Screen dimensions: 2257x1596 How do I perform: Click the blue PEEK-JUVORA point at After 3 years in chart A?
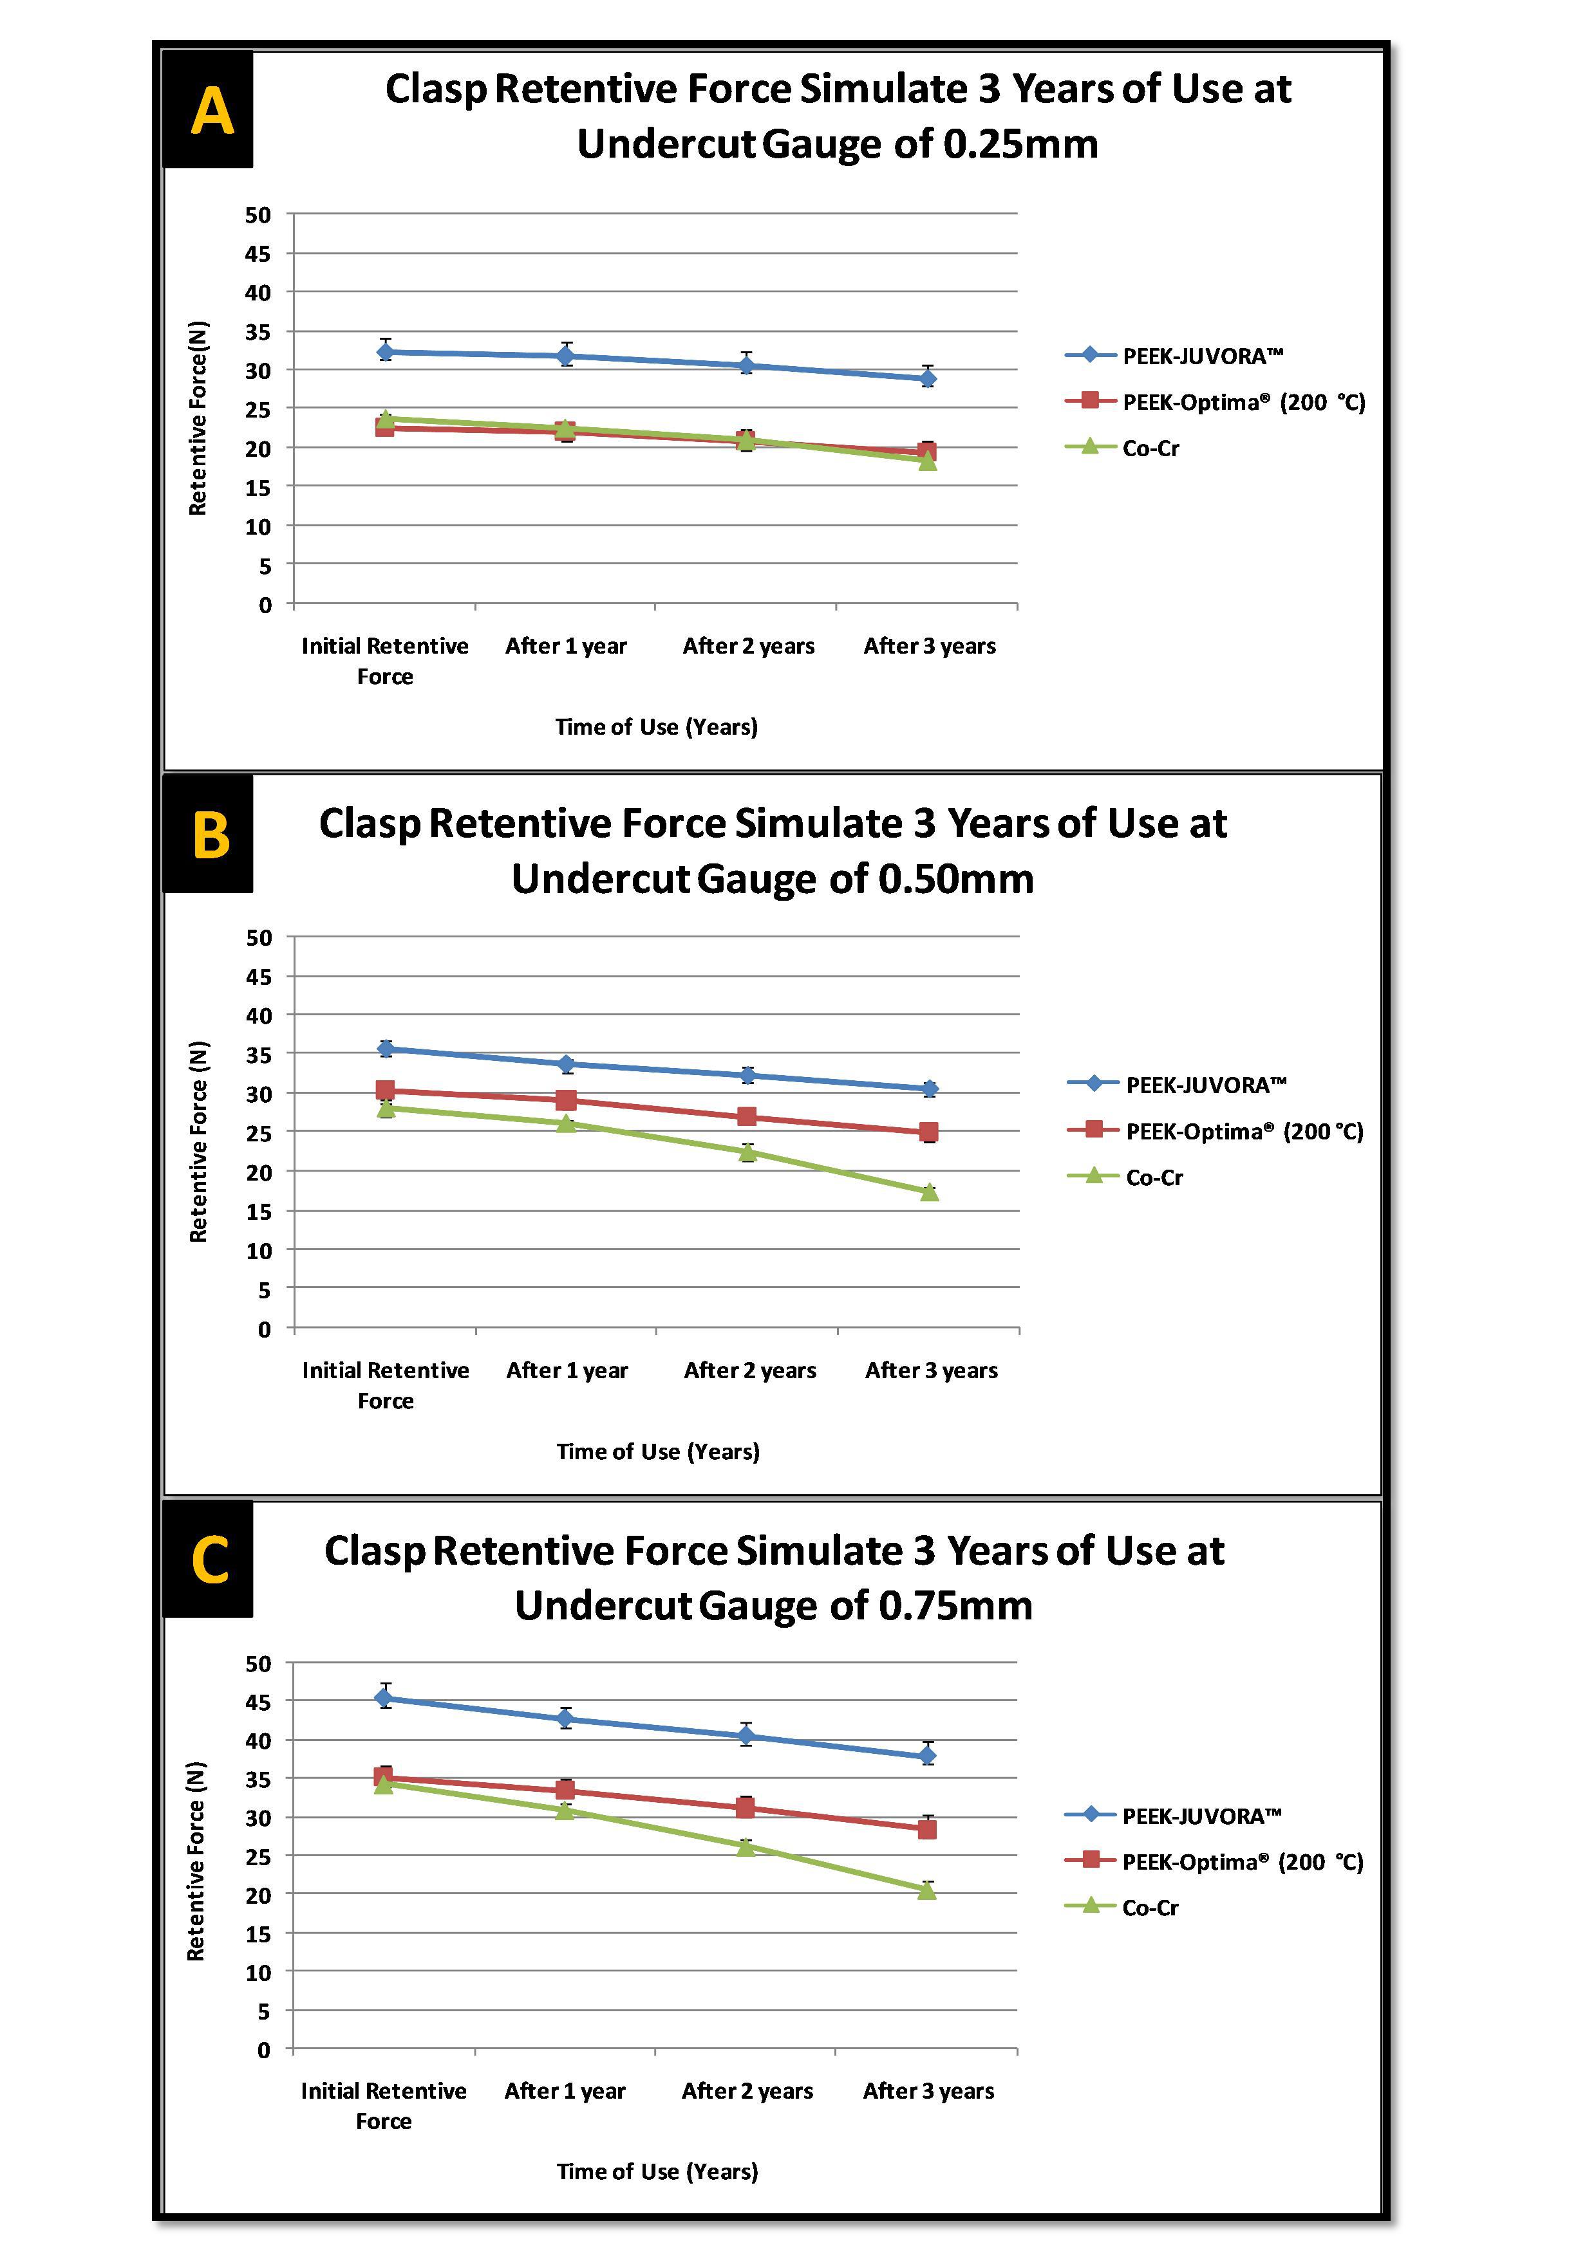pyautogui.click(x=927, y=378)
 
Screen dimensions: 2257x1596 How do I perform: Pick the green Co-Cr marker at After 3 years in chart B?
pyautogui.click(x=929, y=1192)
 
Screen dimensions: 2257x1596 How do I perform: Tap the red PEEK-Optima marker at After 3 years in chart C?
pyautogui.click(x=926, y=1829)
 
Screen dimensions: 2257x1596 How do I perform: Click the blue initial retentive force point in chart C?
pyautogui.click(x=384, y=1698)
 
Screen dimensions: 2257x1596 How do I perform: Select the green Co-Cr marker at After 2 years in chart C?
pyautogui.click(x=746, y=1846)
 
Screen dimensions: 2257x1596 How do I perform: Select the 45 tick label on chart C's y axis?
pyautogui.click(x=258, y=1702)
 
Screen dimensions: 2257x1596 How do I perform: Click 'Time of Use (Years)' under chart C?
pyautogui.click(x=657, y=2171)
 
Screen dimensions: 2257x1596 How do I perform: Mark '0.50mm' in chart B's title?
pyautogui.click(x=955, y=879)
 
